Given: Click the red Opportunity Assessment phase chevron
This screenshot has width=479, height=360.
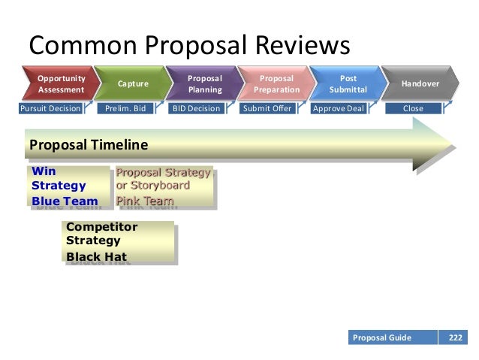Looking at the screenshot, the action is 60,83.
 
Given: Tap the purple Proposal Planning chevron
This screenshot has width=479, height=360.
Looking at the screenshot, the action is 203,83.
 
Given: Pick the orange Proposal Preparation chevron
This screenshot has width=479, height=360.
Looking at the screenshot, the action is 275,83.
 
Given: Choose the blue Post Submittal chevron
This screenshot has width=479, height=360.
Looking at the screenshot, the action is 348,83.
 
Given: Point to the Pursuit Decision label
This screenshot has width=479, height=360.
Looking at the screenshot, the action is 50,108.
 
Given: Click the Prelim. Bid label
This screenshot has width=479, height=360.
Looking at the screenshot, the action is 125,108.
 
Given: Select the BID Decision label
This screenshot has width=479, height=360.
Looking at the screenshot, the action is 196,108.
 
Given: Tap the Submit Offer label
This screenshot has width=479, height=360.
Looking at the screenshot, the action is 267,108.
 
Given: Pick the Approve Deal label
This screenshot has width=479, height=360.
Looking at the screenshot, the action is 339,108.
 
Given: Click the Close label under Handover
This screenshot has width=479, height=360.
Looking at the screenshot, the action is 413,108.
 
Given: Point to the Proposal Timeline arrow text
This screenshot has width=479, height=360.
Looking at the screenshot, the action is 88,144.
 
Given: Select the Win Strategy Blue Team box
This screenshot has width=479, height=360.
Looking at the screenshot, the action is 67,186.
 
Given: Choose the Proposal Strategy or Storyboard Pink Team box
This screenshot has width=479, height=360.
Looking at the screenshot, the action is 163,186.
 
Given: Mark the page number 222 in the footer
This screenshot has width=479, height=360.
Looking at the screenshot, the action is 456,337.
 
